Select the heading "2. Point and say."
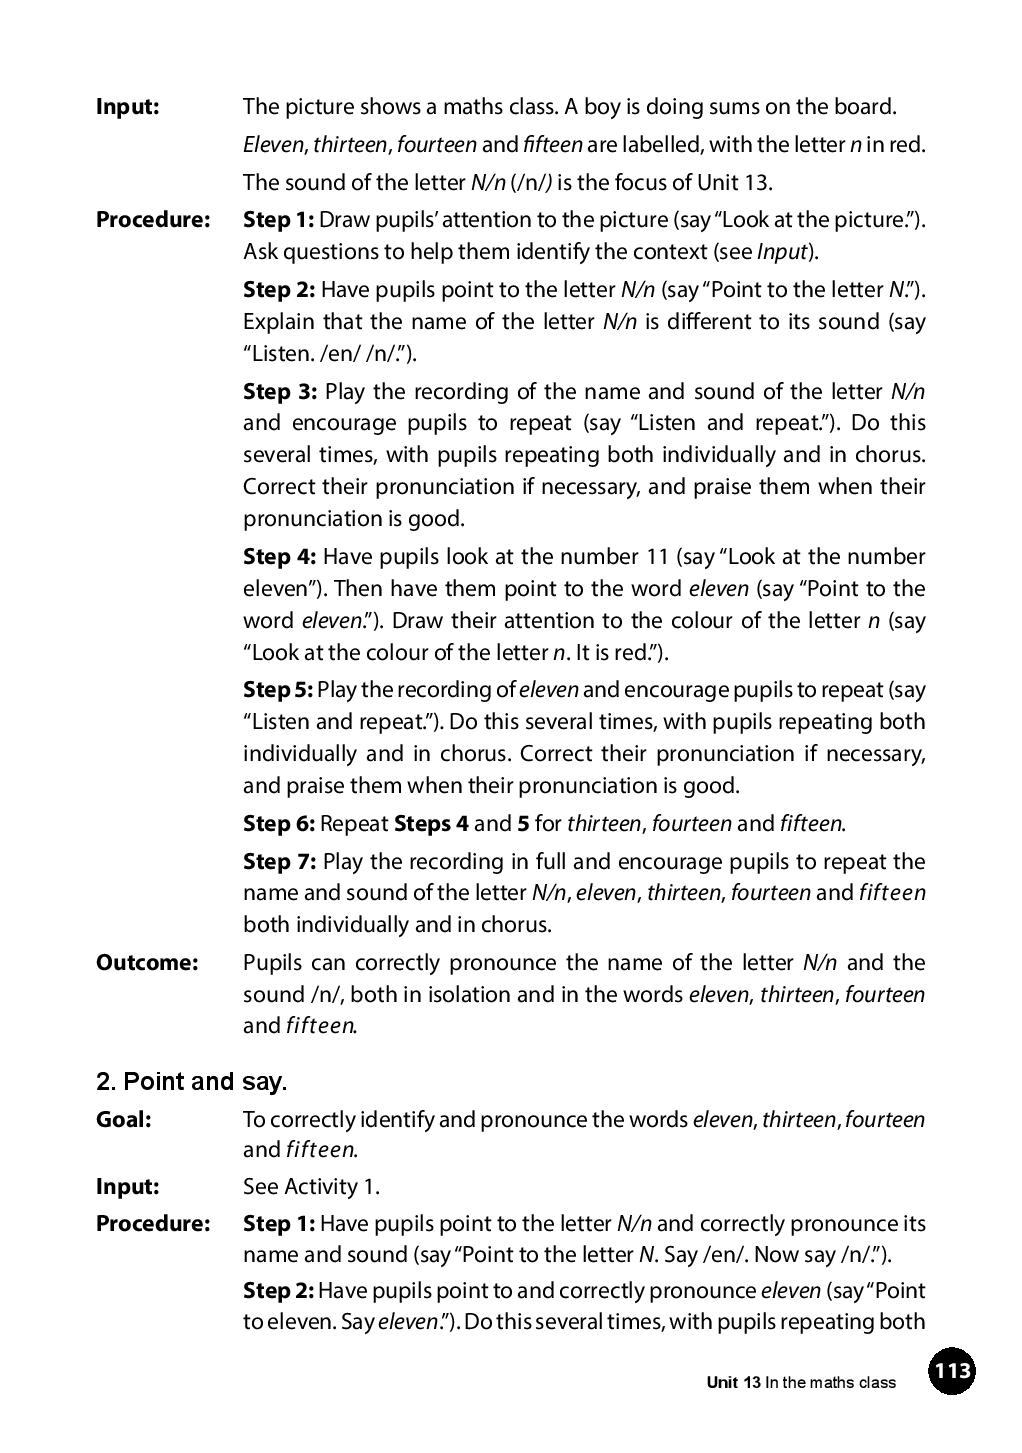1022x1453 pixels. (191, 1081)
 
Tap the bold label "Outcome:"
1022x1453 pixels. (147, 962)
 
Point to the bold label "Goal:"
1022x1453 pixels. (123, 1119)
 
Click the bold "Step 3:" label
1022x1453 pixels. (280, 391)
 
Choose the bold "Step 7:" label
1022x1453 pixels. (280, 861)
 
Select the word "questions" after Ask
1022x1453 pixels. (331, 252)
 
